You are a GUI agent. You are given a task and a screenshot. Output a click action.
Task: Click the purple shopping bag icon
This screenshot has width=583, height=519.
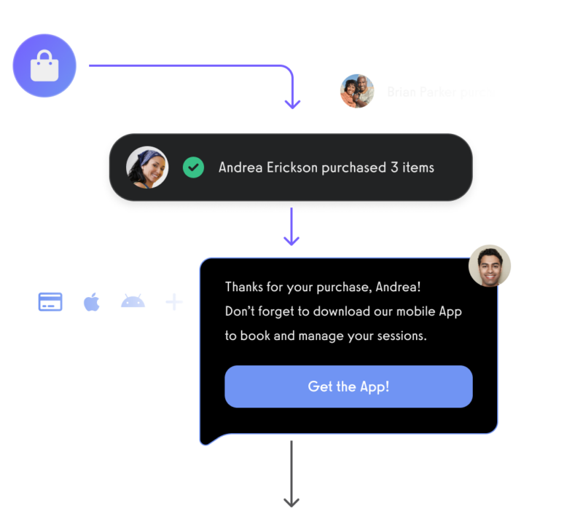pyautogui.click(x=44, y=66)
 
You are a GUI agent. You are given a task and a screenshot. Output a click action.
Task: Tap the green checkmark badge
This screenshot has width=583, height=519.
pyautogui.click(x=193, y=167)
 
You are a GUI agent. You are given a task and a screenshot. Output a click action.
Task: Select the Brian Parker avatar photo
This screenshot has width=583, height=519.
pyautogui.click(x=357, y=92)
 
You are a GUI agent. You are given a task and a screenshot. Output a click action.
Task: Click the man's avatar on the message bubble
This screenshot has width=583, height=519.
pyautogui.click(x=490, y=266)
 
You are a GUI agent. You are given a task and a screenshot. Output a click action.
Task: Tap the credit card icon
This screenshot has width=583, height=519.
pyautogui.click(x=50, y=302)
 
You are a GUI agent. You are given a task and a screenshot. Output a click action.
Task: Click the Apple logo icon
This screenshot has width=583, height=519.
pyautogui.click(x=91, y=301)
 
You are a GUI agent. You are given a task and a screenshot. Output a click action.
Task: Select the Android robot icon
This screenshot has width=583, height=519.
pyautogui.click(x=133, y=301)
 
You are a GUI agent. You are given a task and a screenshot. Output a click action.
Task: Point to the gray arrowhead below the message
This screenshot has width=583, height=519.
pyautogui.click(x=291, y=502)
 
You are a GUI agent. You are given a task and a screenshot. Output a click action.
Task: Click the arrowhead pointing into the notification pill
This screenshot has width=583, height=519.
pyautogui.click(x=292, y=104)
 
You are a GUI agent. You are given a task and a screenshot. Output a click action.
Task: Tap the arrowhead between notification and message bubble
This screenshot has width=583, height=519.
pyautogui.click(x=291, y=239)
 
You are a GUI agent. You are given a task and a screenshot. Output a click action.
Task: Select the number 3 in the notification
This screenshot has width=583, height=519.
pyautogui.click(x=394, y=167)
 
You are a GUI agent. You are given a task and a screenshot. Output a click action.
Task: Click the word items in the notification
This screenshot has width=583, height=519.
pyautogui.click(x=418, y=167)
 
